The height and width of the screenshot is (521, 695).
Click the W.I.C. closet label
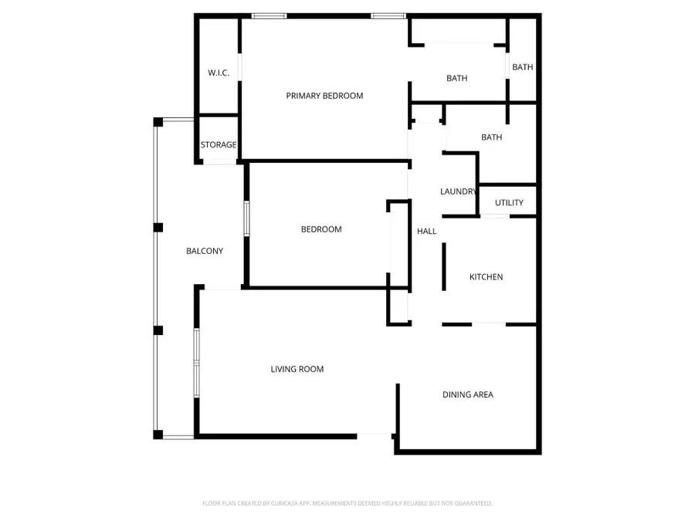click(218, 73)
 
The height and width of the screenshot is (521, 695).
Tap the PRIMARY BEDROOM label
click(324, 96)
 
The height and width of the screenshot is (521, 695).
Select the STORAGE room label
click(219, 145)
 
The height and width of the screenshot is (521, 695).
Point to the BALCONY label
click(205, 251)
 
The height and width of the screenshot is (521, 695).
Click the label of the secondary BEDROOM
click(321, 229)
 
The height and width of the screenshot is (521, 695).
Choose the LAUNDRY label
click(458, 191)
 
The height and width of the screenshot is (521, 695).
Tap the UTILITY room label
click(509, 203)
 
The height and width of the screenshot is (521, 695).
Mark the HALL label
click(427, 232)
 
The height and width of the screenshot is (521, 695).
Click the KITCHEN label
click(486, 277)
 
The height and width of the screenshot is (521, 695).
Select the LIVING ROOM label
click(297, 370)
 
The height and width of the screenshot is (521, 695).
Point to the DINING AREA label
click(468, 395)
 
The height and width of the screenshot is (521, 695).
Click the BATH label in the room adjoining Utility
click(492, 137)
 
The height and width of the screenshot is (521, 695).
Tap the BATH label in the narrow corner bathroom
click(523, 67)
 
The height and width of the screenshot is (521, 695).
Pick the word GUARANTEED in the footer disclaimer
click(473, 503)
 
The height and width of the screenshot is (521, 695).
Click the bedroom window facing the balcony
click(246, 218)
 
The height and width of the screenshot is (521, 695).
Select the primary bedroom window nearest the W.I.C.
click(270, 15)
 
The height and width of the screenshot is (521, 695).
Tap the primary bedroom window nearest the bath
click(388, 15)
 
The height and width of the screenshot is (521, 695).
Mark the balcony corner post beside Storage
click(158, 122)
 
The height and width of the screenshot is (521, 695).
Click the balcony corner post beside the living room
click(158, 435)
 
